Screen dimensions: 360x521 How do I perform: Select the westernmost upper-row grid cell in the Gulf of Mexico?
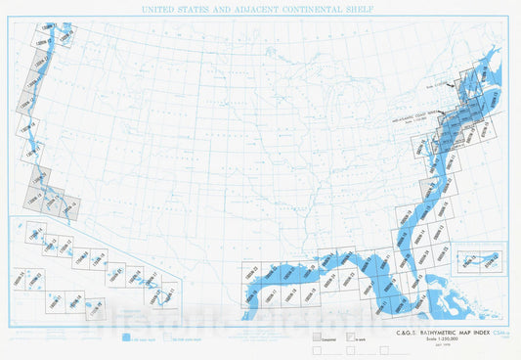point(256,274)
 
